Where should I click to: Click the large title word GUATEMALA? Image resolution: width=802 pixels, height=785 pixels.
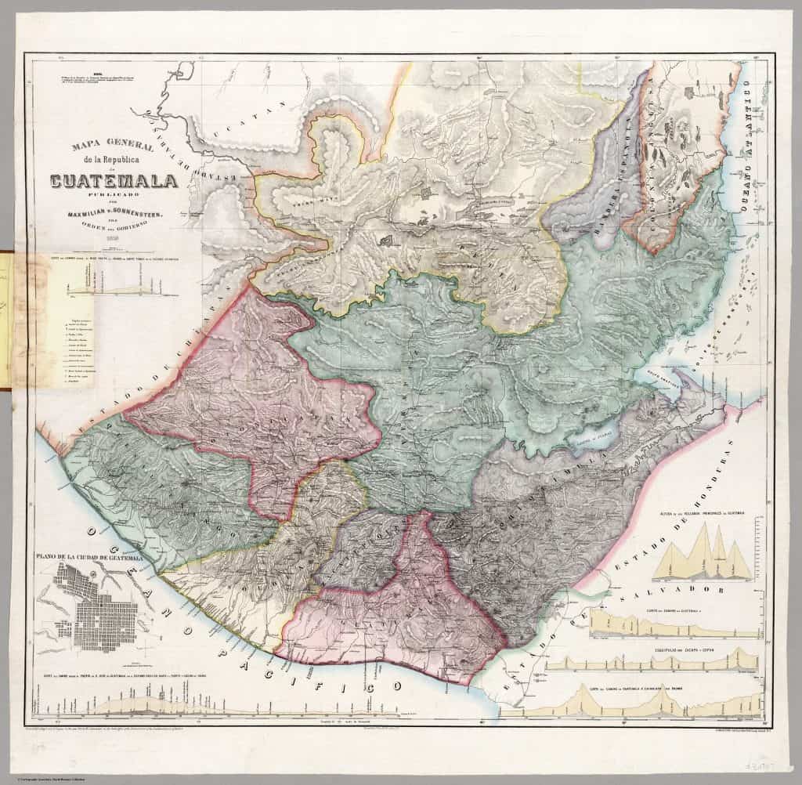coord(114,183)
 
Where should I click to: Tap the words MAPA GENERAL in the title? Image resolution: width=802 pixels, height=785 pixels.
coord(109,147)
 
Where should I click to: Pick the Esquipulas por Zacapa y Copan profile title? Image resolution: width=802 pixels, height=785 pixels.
coord(674,649)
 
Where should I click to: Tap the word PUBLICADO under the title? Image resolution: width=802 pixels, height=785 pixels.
coord(114,197)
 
